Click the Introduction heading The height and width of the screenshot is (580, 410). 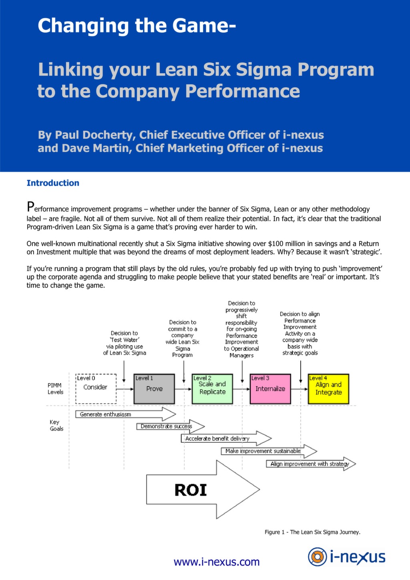pos(53,183)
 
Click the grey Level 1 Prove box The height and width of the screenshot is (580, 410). pos(154,389)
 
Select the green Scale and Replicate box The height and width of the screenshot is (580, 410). pos(212,389)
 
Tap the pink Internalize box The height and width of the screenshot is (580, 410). pos(270,389)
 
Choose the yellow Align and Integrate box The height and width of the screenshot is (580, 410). pos(328,389)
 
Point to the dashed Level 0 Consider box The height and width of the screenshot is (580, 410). pos(96,388)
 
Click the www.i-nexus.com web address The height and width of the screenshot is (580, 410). pos(217,562)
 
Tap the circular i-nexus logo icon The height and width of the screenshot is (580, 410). pos(317,557)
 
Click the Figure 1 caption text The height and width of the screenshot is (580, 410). pos(312,532)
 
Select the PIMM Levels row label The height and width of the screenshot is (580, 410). pos(55,389)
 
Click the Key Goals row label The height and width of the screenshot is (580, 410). pos(56,425)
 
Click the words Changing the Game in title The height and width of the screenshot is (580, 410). pos(136,26)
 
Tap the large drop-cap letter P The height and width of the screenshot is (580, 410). pos(30,207)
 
